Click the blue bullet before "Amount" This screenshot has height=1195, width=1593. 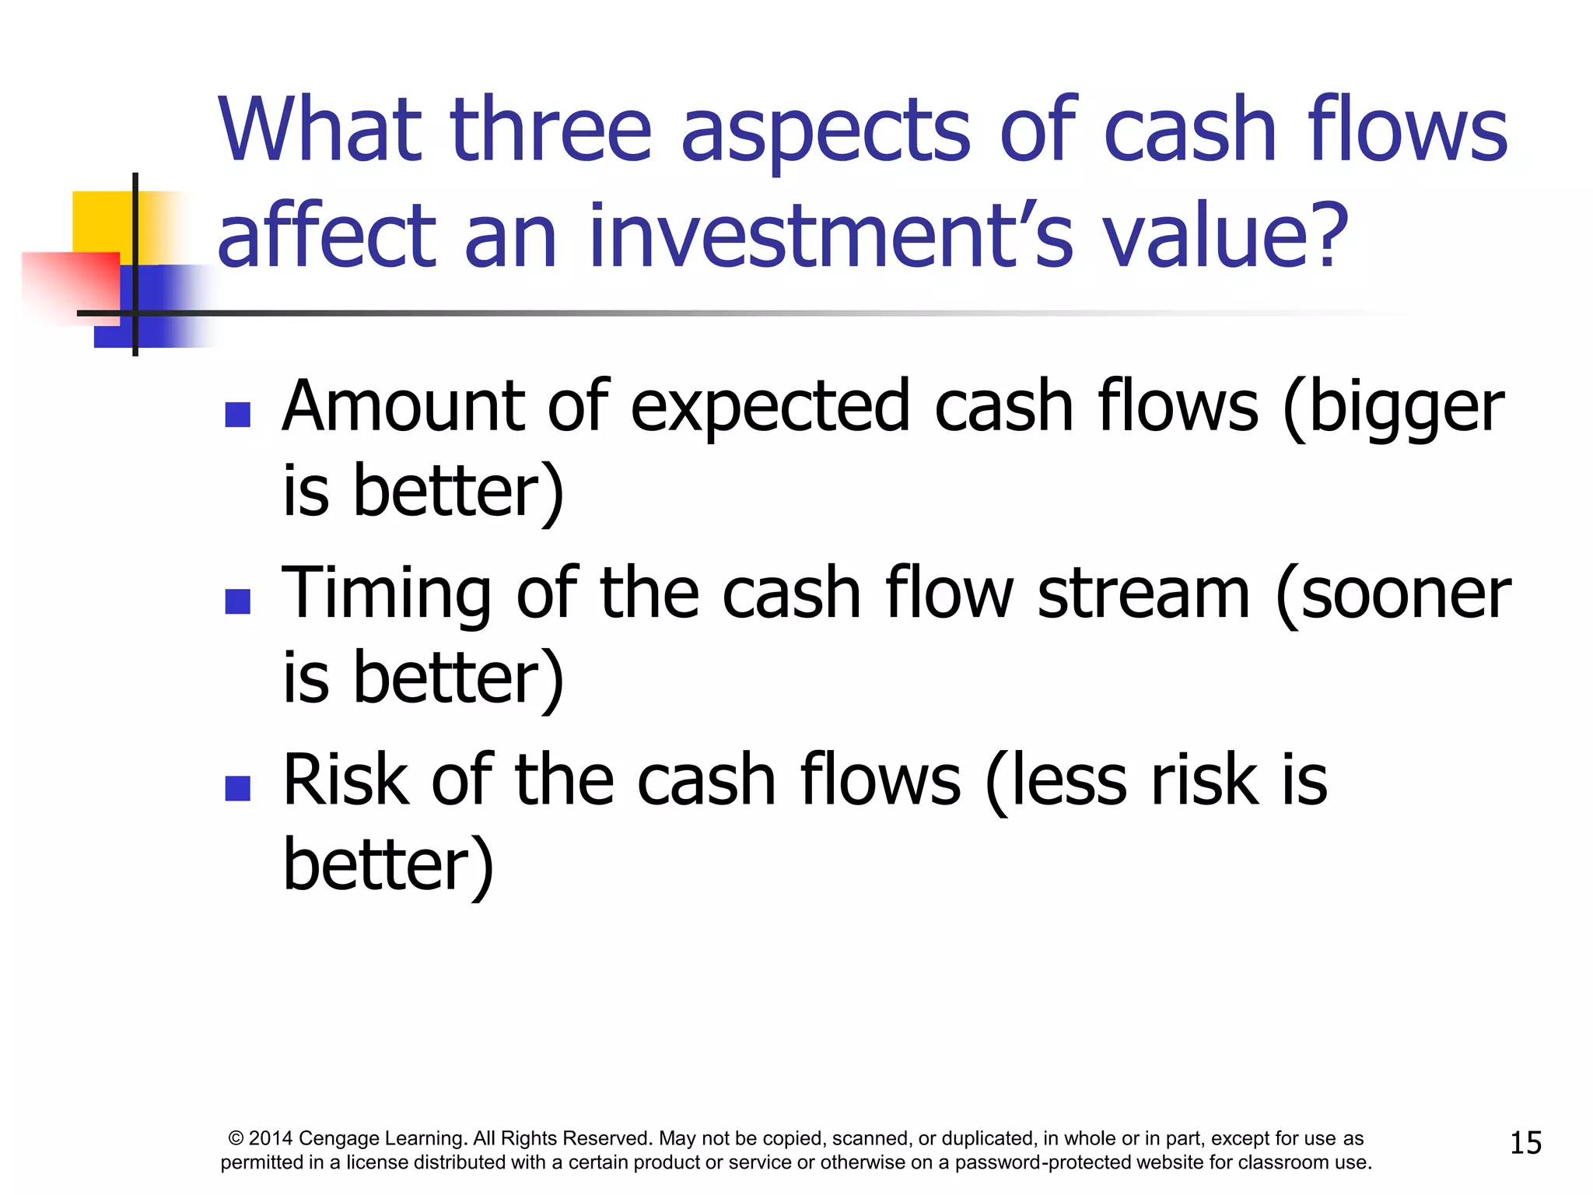(x=237, y=415)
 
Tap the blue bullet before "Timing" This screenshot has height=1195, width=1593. (x=237, y=601)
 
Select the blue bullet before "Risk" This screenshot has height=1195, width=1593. (x=237, y=788)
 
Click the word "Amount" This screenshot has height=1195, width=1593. (x=404, y=406)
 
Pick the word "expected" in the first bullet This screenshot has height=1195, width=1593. (x=770, y=406)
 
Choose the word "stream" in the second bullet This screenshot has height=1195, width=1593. (x=1143, y=593)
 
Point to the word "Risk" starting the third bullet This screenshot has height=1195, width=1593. (x=345, y=780)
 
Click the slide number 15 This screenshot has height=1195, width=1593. (x=1525, y=1143)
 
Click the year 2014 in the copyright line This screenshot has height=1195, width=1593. (x=271, y=1139)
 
